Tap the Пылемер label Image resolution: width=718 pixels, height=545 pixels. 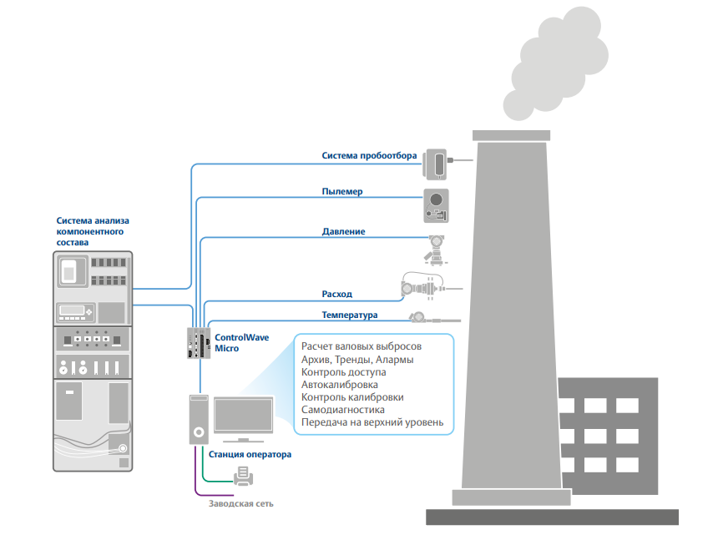coord(342,192)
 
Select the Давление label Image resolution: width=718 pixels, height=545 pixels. coord(343,231)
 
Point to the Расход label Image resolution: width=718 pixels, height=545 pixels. coord(337,294)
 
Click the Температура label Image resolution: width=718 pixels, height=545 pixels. coord(350,315)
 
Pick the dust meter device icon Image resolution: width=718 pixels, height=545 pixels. coord(435,205)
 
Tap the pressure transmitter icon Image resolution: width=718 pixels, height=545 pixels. coord(436,249)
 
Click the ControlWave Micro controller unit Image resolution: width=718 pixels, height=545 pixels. coord(200,343)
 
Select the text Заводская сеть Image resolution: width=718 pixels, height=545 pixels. coord(240,504)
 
